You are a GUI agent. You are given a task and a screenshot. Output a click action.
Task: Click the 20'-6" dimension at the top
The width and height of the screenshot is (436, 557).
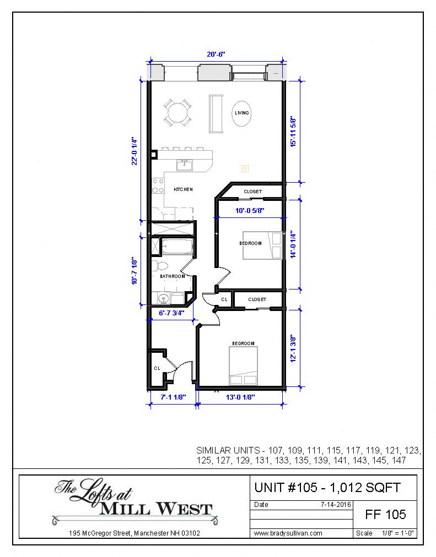click(x=216, y=54)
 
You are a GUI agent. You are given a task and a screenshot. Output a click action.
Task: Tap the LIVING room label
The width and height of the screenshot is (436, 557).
click(x=241, y=113)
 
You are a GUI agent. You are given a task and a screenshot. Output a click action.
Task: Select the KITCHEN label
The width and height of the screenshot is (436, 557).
click(x=183, y=189)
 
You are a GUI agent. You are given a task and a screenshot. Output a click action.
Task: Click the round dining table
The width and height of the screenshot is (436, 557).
click(x=177, y=113)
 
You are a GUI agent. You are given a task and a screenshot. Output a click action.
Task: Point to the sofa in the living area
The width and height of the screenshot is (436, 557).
click(x=214, y=113)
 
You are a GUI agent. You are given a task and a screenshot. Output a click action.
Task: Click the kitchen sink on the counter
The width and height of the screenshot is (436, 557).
click(x=184, y=165)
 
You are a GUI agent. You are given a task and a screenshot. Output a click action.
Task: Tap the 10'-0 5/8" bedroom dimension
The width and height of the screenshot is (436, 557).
click(x=250, y=210)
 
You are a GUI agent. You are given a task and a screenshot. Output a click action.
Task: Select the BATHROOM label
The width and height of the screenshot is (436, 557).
click(x=173, y=276)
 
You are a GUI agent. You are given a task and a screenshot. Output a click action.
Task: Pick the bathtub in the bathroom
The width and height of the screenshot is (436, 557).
click(x=176, y=247)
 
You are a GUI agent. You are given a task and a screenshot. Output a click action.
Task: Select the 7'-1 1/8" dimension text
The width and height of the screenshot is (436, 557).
click(x=173, y=396)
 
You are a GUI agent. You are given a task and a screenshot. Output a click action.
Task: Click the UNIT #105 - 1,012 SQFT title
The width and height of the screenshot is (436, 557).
click(x=327, y=487)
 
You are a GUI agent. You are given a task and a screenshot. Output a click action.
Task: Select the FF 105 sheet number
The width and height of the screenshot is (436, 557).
click(x=386, y=514)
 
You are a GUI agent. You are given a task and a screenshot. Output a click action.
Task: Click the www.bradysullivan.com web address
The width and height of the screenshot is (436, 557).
click(x=288, y=533)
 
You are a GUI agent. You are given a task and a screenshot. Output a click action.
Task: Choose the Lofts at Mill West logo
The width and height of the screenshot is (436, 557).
click(x=134, y=502)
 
